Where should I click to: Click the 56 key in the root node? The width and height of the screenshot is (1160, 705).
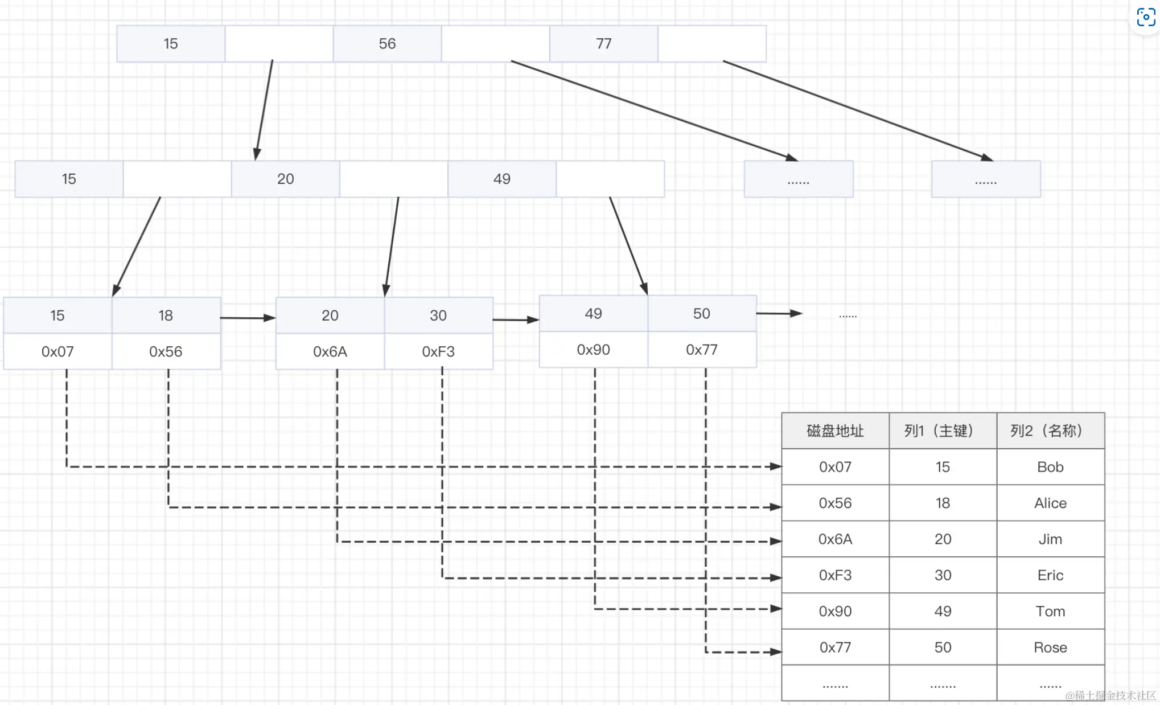[387, 44]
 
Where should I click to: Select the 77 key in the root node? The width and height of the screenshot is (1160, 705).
[603, 44]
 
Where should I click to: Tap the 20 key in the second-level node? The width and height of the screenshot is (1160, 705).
[285, 179]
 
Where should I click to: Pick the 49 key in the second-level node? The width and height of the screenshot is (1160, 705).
[501, 179]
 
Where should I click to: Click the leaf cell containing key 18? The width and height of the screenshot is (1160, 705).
[166, 315]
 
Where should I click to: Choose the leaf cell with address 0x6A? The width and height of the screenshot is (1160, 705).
[330, 351]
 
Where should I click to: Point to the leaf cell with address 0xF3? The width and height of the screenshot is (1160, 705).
[438, 351]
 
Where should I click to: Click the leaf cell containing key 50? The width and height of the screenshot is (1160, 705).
[702, 314]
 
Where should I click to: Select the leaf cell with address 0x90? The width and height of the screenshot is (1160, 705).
[593, 350]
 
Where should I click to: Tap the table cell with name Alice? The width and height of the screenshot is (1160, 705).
[1050, 503]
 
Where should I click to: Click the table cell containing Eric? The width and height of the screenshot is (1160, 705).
[1050, 575]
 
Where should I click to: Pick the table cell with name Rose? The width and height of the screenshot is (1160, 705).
[1050, 647]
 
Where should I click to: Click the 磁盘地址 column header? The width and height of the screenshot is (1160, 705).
[835, 431]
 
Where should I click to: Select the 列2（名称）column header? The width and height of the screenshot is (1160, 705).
[1050, 431]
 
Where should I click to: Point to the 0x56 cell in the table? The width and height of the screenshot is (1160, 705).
[835, 503]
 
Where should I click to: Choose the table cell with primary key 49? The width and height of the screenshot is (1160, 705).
[943, 611]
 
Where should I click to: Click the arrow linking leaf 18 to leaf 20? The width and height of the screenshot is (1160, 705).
[248, 318]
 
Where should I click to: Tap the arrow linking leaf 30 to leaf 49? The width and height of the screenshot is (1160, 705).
[516, 319]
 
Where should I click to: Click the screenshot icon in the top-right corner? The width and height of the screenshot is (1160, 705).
[1146, 17]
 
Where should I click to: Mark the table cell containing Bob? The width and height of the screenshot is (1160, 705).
[1050, 467]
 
